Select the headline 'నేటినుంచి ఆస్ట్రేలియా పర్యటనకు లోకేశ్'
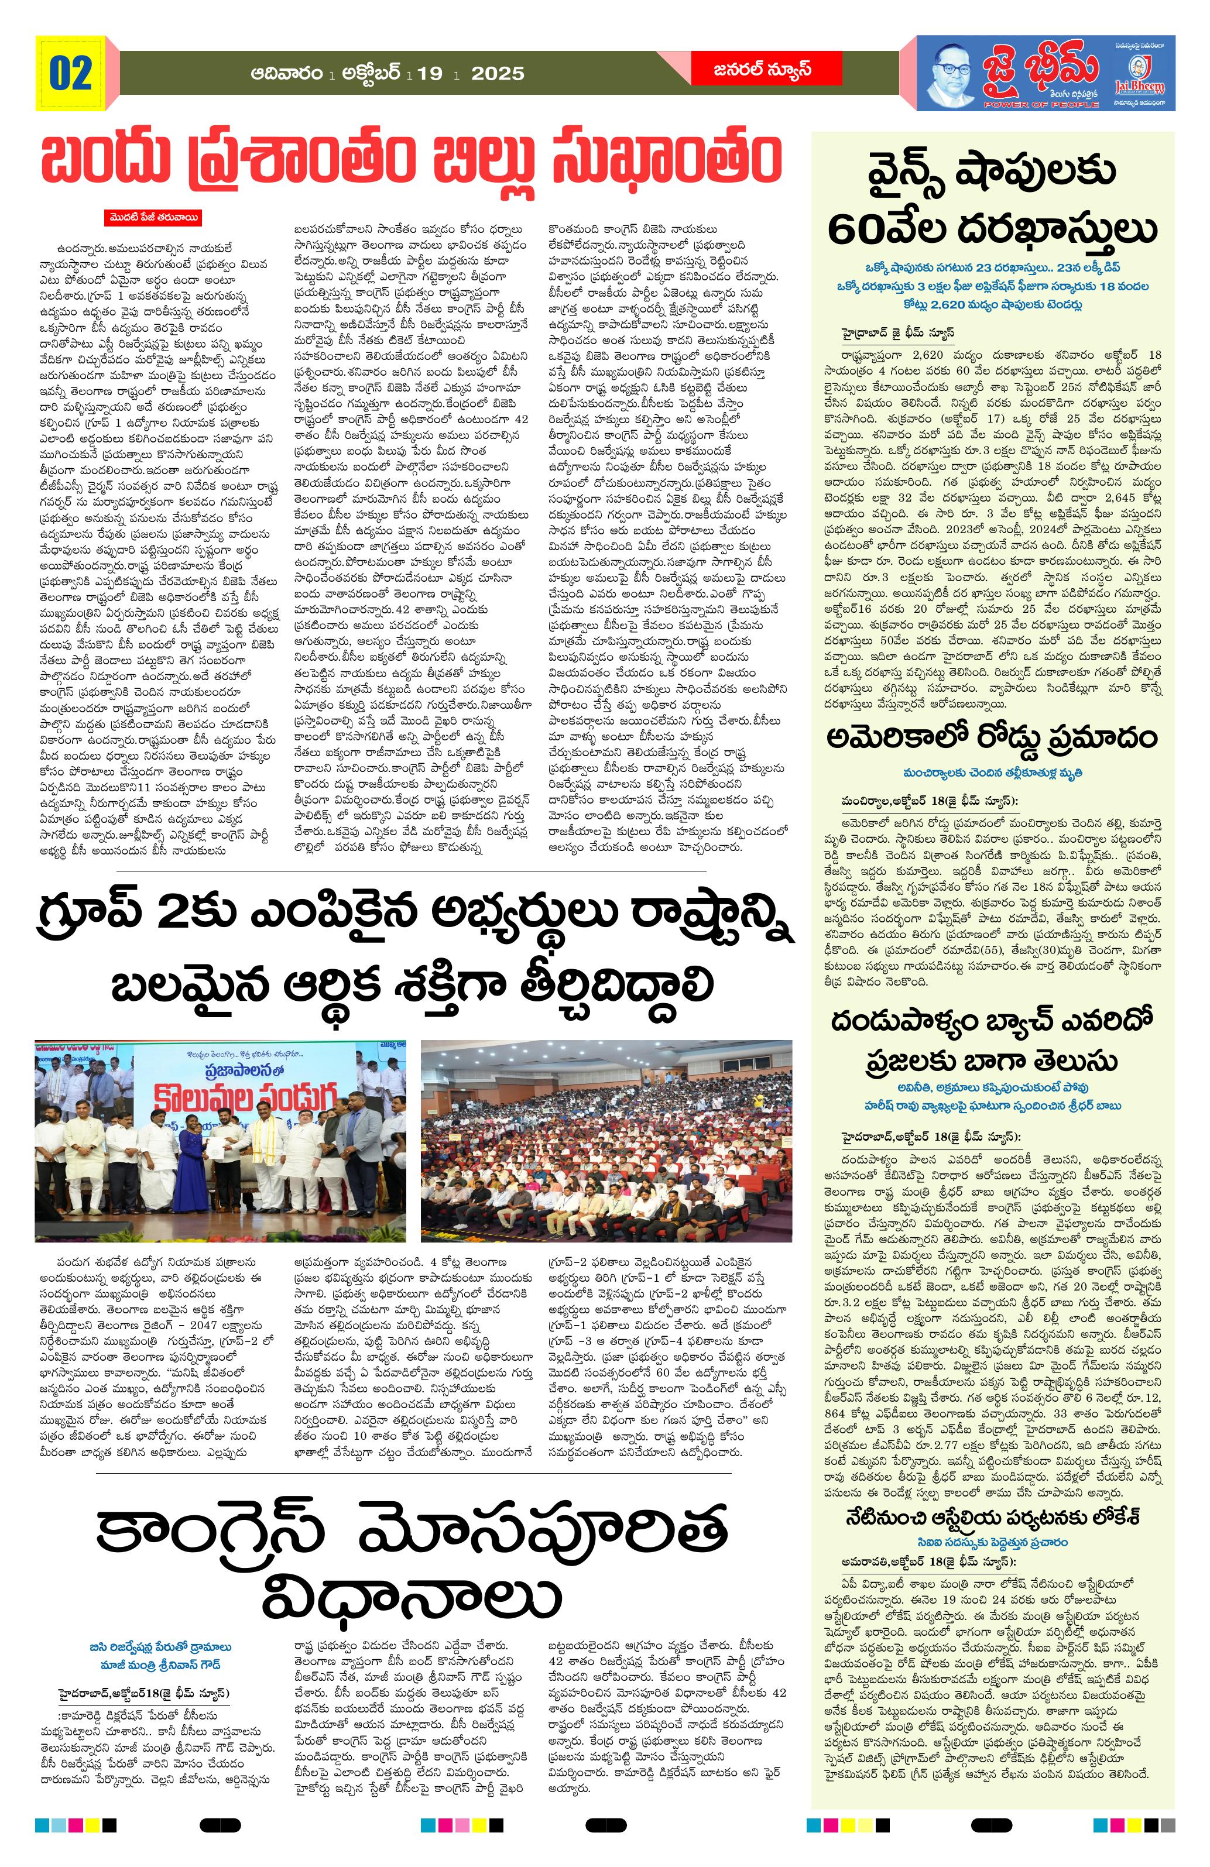(993, 1494)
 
